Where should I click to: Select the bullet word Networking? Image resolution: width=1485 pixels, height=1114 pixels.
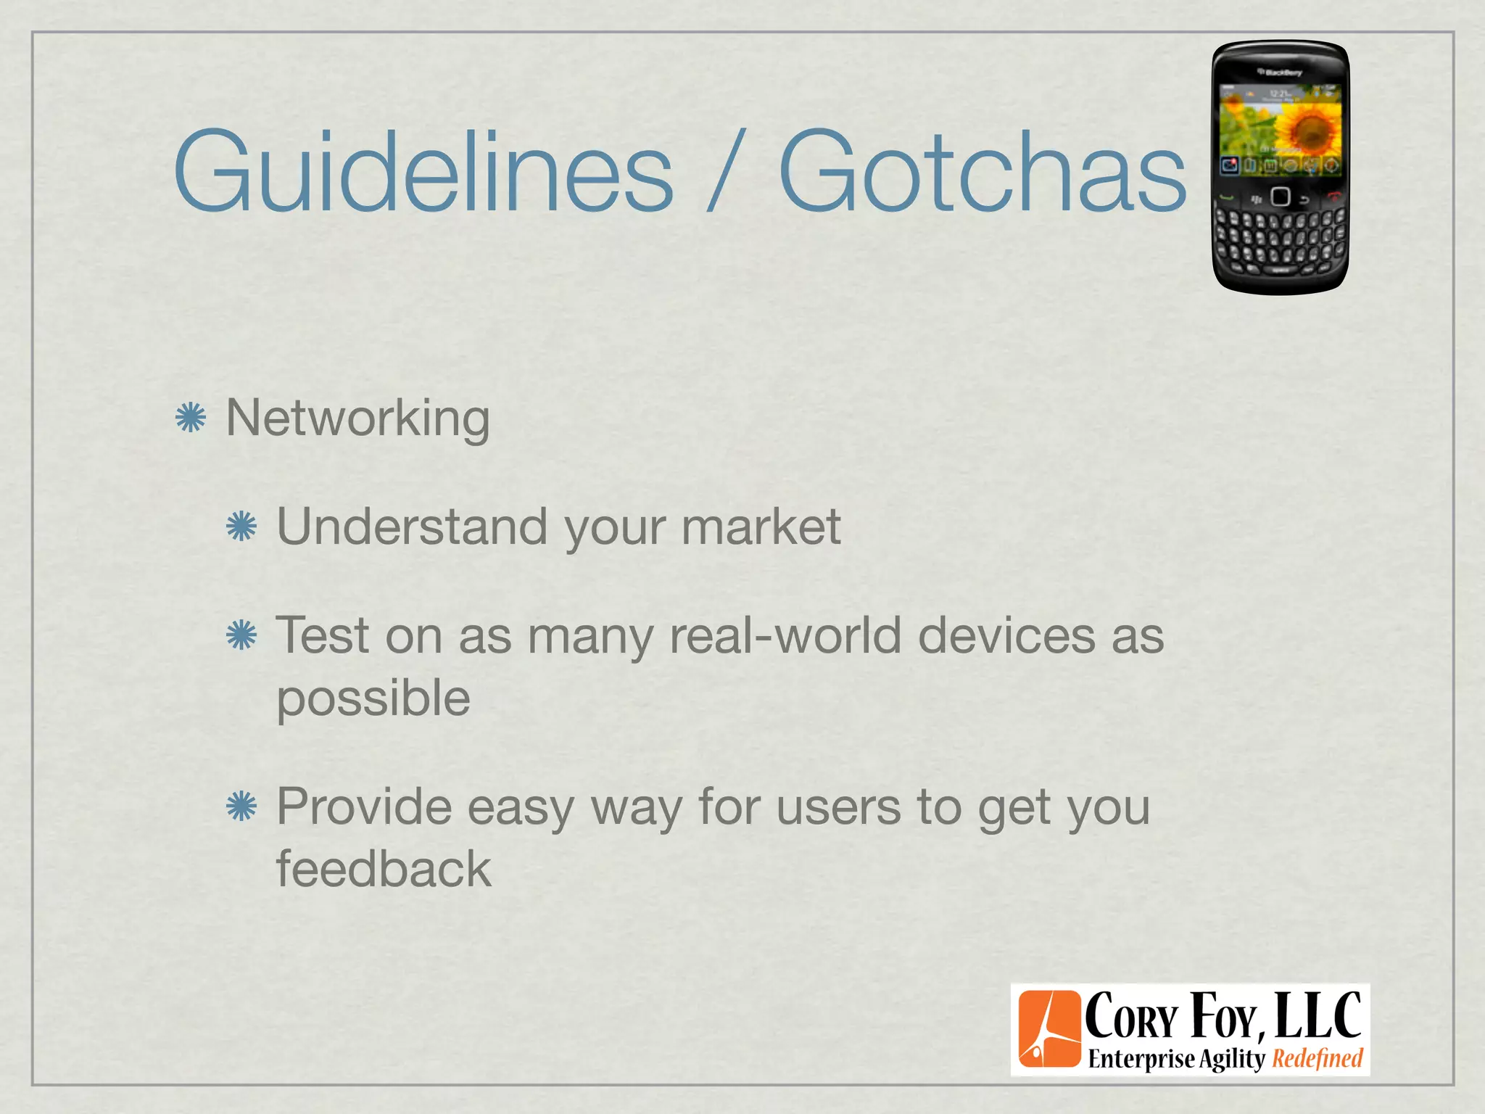pos(358,419)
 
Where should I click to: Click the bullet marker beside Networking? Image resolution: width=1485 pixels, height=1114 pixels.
pos(191,418)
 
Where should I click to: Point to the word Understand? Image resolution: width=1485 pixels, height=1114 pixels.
pos(412,527)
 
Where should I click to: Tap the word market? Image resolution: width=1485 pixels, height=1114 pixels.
pos(761,527)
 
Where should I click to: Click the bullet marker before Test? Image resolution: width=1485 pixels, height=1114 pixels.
pos(241,635)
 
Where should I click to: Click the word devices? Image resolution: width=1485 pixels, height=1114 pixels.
pos(1006,635)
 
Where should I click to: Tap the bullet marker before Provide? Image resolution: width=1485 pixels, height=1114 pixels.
pos(241,806)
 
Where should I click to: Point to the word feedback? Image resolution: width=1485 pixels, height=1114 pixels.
pos(384,869)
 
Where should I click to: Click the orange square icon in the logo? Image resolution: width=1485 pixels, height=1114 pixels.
pos(1048,1030)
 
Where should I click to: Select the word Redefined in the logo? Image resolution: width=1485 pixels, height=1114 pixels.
pos(1318,1059)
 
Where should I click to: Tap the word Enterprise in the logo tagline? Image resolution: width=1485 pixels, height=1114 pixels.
pos(1141,1059)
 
